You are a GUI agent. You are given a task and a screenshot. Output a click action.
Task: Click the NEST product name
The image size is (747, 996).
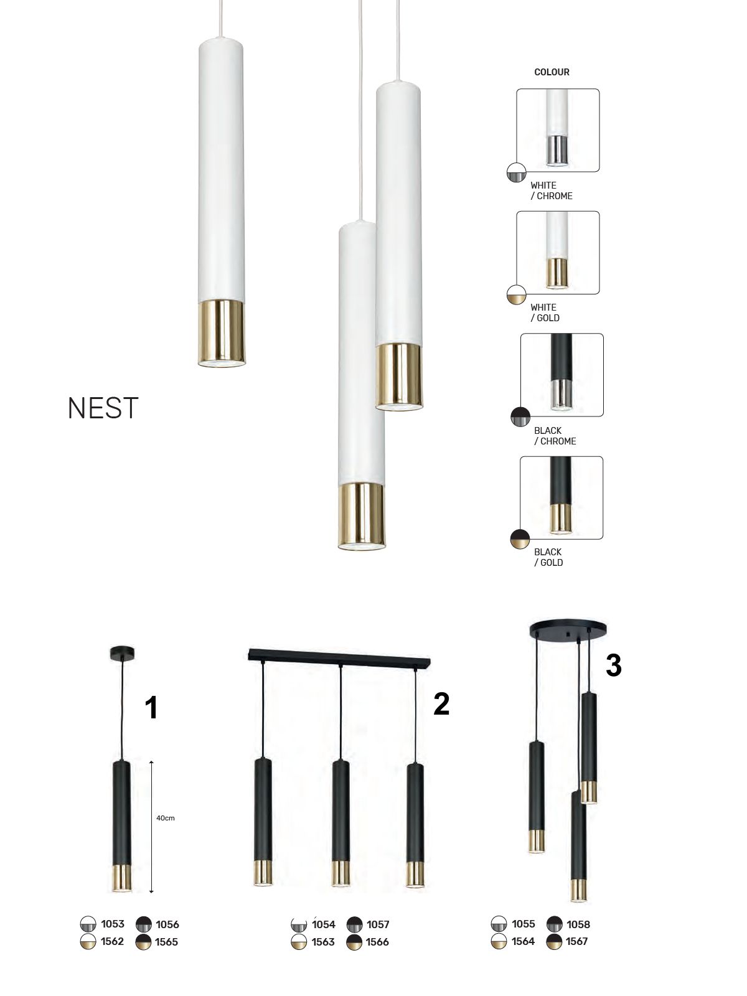103,408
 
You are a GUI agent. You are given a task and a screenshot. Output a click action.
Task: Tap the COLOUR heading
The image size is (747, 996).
552,72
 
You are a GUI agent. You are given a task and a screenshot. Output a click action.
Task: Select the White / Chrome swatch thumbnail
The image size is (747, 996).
558,130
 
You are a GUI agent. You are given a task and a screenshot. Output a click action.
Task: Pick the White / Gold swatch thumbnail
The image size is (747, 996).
558,252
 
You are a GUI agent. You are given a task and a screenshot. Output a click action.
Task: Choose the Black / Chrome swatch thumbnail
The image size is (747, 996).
561,375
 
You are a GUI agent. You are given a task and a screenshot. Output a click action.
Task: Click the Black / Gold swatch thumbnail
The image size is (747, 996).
561,497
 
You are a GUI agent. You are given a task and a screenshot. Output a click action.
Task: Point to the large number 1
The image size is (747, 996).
151,708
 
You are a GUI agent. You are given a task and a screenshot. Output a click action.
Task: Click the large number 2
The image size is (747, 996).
441,703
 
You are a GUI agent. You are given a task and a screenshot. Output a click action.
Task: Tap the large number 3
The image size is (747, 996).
613,665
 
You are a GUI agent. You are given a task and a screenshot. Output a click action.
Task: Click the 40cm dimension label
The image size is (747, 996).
166,818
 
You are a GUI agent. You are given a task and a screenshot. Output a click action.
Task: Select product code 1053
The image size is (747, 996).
113,924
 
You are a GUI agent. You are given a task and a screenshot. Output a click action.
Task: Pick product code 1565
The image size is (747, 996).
167,942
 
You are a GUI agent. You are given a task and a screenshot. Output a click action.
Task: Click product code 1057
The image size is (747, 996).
378,924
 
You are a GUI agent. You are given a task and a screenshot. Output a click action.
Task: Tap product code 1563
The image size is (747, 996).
323,942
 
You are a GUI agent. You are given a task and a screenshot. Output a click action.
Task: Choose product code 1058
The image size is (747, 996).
578,924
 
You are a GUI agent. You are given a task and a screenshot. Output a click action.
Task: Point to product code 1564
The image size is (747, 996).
523,941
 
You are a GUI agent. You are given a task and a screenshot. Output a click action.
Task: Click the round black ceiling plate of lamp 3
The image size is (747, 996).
568,629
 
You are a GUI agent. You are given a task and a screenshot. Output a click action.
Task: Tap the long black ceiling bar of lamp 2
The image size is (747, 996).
339,656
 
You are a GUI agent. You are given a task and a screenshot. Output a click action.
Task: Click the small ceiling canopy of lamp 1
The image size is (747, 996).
122,653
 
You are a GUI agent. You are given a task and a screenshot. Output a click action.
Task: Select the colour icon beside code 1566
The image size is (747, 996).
354,942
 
